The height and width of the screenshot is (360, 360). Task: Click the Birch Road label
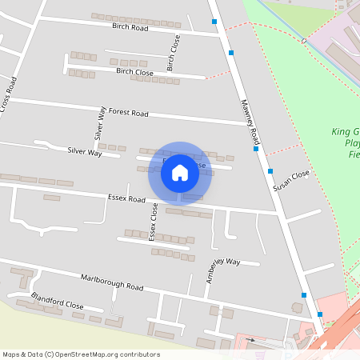click(x=130, y=27)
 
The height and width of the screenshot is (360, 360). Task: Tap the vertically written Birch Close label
click(x=170, y=50)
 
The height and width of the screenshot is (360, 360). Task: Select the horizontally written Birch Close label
click(x=134, y=72)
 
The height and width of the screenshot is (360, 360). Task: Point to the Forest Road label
click(x=129, y=114)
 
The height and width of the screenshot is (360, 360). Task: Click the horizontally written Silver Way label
click(x=84, y=151)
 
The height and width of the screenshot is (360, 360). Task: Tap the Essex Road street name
click(x=126, y=198)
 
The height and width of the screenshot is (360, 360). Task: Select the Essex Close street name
click(x=154, y=222)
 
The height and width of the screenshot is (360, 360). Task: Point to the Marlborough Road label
click(x=112, y=282)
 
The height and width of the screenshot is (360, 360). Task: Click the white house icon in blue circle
click(x=180, y=172)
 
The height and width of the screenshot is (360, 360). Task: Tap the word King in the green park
click(x=341, y=132)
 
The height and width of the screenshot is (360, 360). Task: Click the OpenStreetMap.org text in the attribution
click(x=86, y=354)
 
